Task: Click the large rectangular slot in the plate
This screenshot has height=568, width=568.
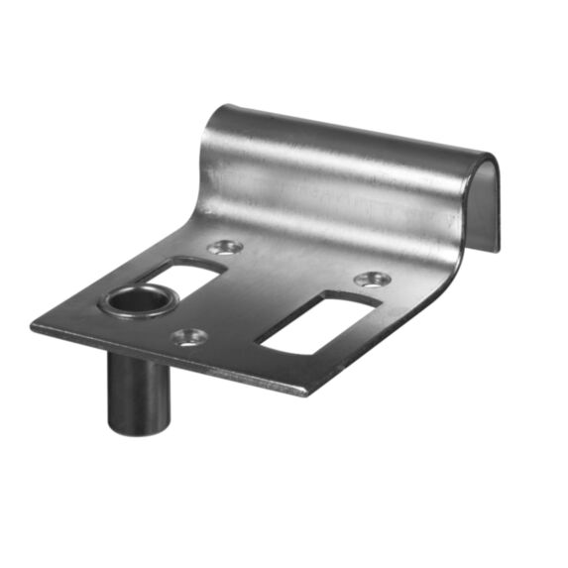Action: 314,321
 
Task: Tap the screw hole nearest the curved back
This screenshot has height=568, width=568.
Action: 224,245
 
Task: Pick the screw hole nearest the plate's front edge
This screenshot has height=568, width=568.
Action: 187,337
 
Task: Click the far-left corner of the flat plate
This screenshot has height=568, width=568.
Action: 33,324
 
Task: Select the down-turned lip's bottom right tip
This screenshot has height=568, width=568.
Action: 496,248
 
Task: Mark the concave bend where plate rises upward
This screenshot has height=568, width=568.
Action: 297,218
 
